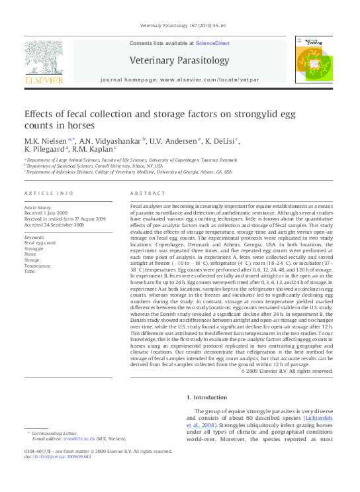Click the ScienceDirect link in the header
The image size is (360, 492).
point(212,42)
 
